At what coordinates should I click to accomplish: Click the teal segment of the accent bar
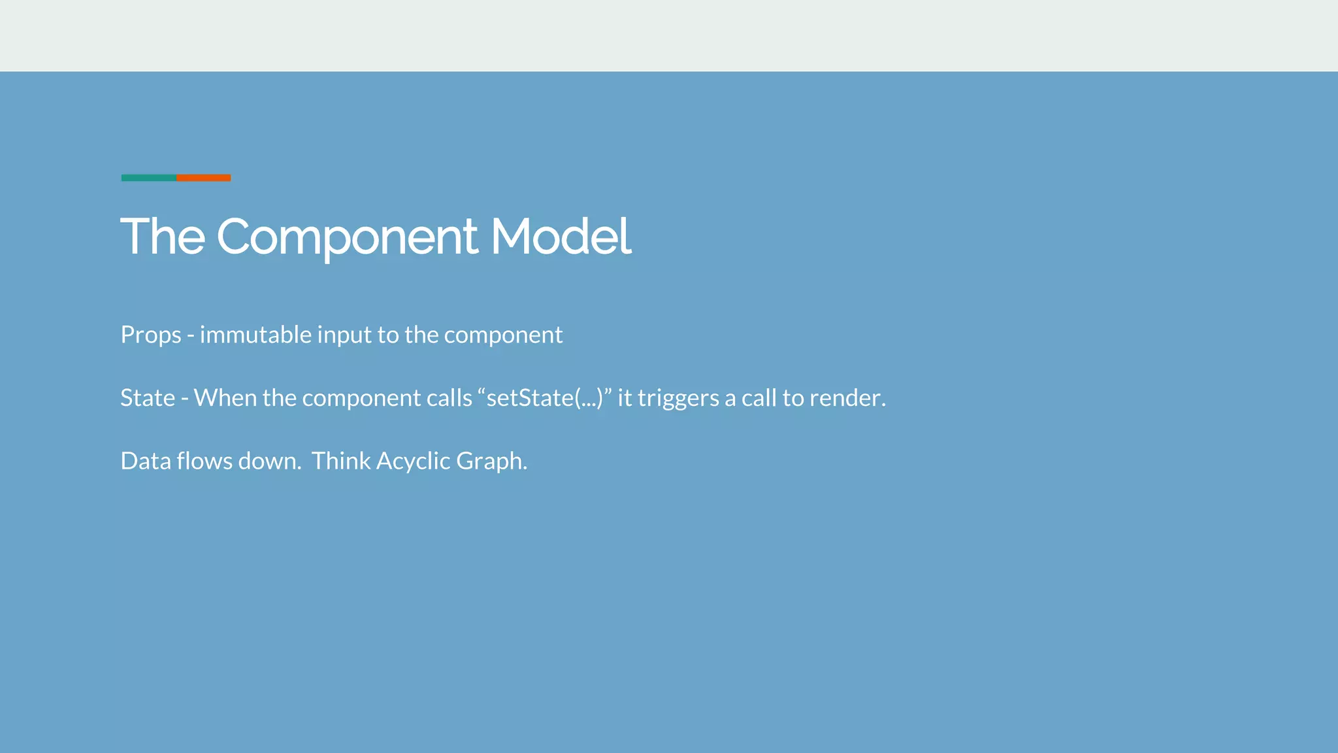coord(148,178)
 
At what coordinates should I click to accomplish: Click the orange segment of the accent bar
coord(204,178)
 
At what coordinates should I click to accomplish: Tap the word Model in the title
coord(561,236)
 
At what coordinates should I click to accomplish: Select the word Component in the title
coord(347,237)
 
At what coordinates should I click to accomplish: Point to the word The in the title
coord(163,236)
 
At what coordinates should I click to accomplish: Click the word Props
coord(151,335)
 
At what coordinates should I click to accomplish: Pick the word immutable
coord(255,335)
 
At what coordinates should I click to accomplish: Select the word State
coord(148,398)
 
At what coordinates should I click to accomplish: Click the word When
coord(225,398)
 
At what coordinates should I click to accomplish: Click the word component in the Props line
coord(503,335)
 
